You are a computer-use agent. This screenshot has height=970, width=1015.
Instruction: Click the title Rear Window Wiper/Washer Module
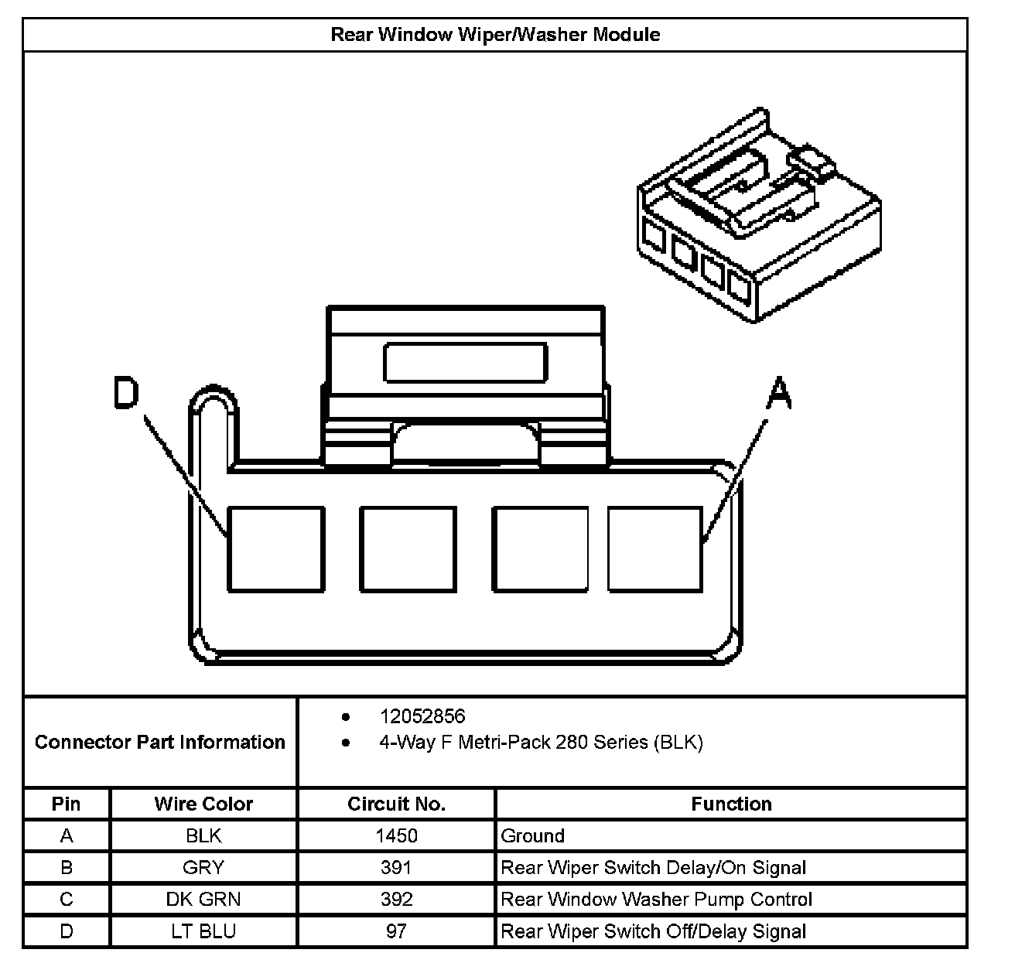pyautogui.click(x=495, y=35)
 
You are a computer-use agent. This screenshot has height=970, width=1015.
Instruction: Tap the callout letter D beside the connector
pyautogui.click(x=125, y=393)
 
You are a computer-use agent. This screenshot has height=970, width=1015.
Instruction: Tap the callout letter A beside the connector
pyautogui.click(x=778, y=393)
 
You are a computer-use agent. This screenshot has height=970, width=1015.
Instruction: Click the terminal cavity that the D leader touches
pyautogui.click(x=275, y=549)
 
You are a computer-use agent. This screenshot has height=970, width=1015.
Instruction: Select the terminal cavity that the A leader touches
pyautogui.click(x=654, y=549)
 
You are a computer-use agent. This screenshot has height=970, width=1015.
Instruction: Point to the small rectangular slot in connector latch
pyautogui.click(x=465, y=363)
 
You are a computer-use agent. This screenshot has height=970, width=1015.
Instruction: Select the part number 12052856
pyautogui.click(x=422, y=716)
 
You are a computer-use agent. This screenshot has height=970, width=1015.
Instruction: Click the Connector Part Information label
pyautogui.click(x=160, y=742)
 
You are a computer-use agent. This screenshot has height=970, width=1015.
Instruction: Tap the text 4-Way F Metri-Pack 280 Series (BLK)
pyautogui.click(x=541, y=743)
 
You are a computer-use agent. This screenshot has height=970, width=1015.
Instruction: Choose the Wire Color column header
pyautogui.click(x=203, y=804)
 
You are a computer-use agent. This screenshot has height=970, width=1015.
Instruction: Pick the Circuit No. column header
pyautogui.click(x=396, y=804)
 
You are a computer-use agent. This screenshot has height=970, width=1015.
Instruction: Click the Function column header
pyautogui.click(x=731, y=804)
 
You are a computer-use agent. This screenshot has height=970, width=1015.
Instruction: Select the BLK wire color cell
pyautogui.click(x=203, y=835)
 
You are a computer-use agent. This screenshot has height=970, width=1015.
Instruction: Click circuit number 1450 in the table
pyautogui.click(x=396, y=835)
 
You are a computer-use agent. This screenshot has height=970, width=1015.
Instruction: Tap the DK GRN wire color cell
pyautogui.click(x=203, y=899)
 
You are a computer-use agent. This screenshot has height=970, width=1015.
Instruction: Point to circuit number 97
pyautogui.click(x=396, y=931)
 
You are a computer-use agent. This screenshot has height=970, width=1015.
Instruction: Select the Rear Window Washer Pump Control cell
pyautogui.click(x=657, y=899)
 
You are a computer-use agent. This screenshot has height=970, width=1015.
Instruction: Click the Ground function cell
pyautogui.click(x=533, y=835)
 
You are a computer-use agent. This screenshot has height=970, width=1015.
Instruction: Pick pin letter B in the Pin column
pyautogui.click(x=67, y=867)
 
